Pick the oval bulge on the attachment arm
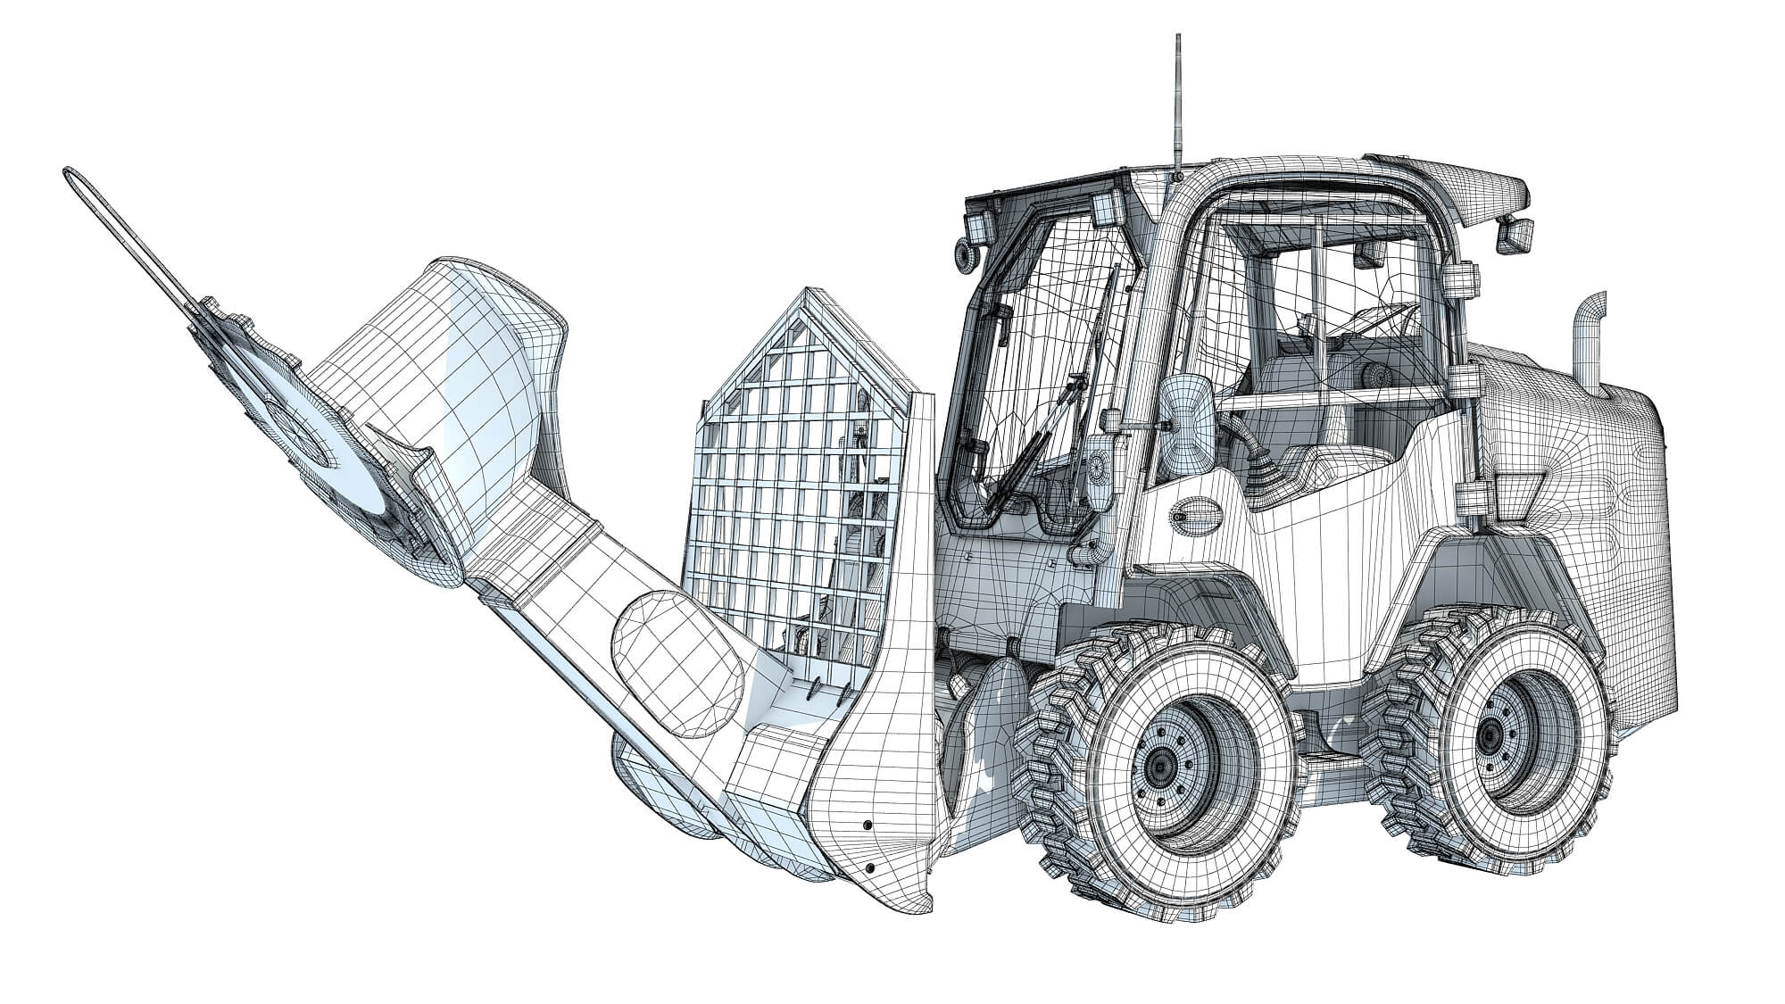678,651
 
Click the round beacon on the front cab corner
964,255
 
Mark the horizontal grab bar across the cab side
1339,398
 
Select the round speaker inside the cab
1374,375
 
